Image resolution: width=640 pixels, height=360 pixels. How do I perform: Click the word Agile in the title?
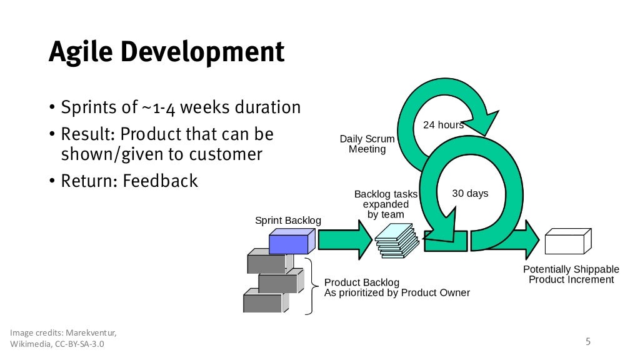[x=81, y=52]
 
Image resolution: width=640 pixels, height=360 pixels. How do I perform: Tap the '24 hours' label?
[x=443, y=125]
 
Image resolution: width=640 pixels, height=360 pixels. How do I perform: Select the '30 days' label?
[x=470, y=194]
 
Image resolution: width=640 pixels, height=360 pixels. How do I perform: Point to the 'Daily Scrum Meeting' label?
[x=367, y=144]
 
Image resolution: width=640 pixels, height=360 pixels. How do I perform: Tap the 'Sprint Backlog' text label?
[x=288, y=221]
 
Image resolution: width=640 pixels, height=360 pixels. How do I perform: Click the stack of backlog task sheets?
[x=397, y=241]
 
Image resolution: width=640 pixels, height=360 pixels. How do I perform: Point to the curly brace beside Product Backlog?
[x=310, y=287]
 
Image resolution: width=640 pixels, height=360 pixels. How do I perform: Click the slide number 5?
[x=587, y=341]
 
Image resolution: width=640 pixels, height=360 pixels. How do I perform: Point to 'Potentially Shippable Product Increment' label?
[x=571, y=274]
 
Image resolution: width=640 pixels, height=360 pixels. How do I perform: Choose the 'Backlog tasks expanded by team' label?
[x=386, y=204]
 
